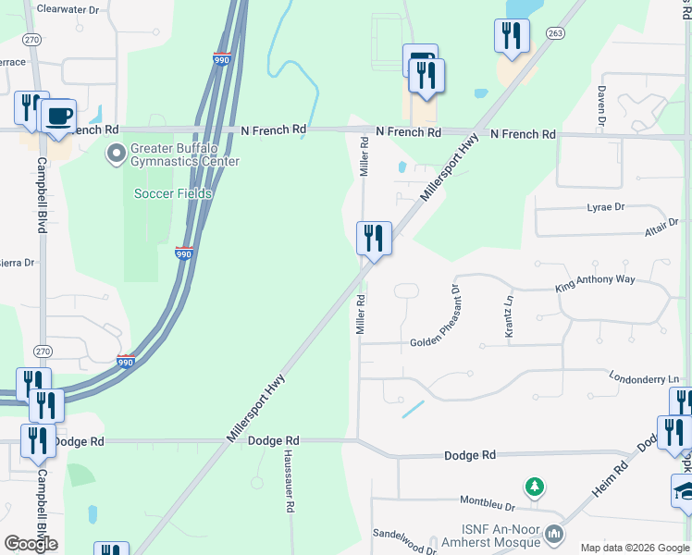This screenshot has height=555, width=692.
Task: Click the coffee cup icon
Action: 59,116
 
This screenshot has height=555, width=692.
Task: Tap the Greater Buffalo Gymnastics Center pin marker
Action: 116,153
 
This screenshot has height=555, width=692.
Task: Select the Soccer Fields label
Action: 173,193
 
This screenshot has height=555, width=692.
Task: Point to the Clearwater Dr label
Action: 68,9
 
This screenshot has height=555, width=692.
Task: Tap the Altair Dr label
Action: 661,223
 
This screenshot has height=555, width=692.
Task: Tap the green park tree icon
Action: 534,486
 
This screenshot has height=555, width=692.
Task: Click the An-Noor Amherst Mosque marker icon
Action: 554,534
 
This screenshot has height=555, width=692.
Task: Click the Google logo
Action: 31,544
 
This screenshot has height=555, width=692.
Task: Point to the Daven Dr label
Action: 602,106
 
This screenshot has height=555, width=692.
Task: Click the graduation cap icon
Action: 685,490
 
